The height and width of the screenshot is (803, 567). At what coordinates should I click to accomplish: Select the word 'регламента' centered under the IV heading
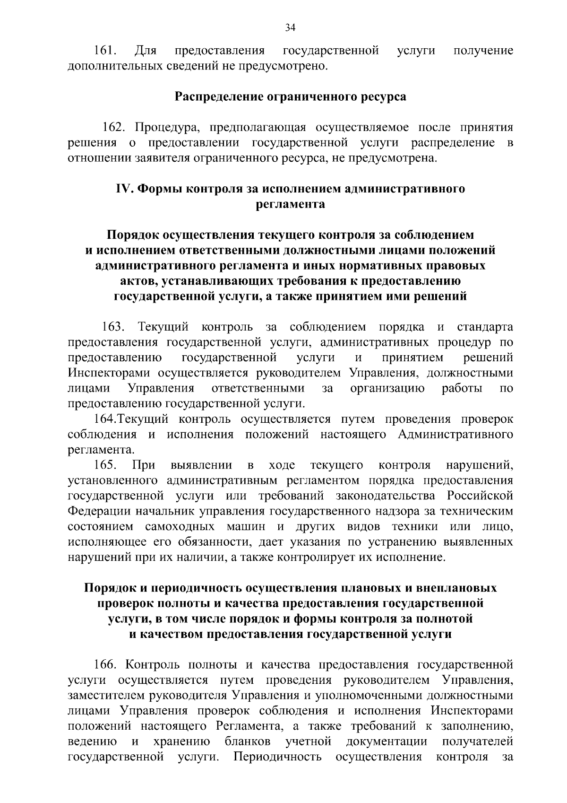[x=290, y=204]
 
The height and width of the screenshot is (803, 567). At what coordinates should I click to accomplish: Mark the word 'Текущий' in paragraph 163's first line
[x=163, y=327]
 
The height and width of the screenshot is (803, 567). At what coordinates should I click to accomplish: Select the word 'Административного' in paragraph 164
[x=455, y=435]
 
